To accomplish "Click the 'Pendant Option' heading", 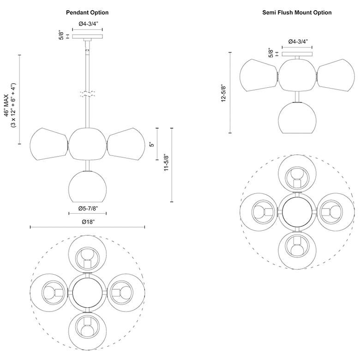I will (x=87, y=13).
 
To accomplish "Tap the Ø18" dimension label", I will (x=88, y=222).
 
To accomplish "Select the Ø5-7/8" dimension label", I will (x=88, y=209).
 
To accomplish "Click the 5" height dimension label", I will (x=151, y=144).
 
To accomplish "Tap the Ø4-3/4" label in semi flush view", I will (x=298, y=42).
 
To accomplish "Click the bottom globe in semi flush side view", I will (x=297, y=119).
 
